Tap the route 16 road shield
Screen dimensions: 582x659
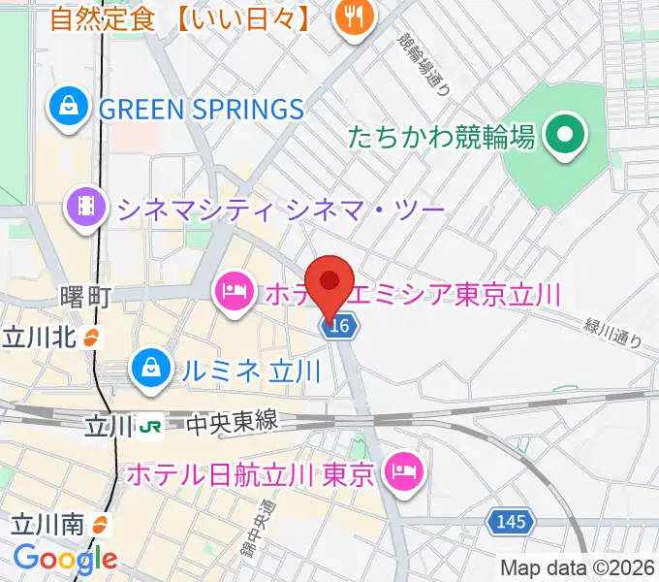338,328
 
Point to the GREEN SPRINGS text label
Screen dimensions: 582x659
202,108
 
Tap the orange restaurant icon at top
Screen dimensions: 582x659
353,19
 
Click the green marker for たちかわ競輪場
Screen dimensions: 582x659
565,136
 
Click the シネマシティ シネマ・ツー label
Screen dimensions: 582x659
280,207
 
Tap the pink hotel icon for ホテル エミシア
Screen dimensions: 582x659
235,290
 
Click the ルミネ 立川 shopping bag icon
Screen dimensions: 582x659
151,370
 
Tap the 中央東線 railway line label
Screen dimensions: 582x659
233,423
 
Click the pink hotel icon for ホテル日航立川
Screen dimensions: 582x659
400,473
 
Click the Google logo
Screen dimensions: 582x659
65,559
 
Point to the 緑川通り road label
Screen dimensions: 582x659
612,335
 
